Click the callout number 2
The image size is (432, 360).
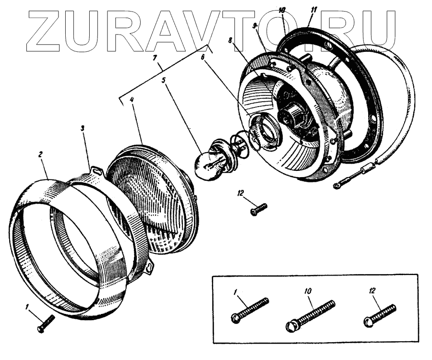point(41,155)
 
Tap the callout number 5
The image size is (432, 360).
point(164,80)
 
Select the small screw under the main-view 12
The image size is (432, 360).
point(258,209)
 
